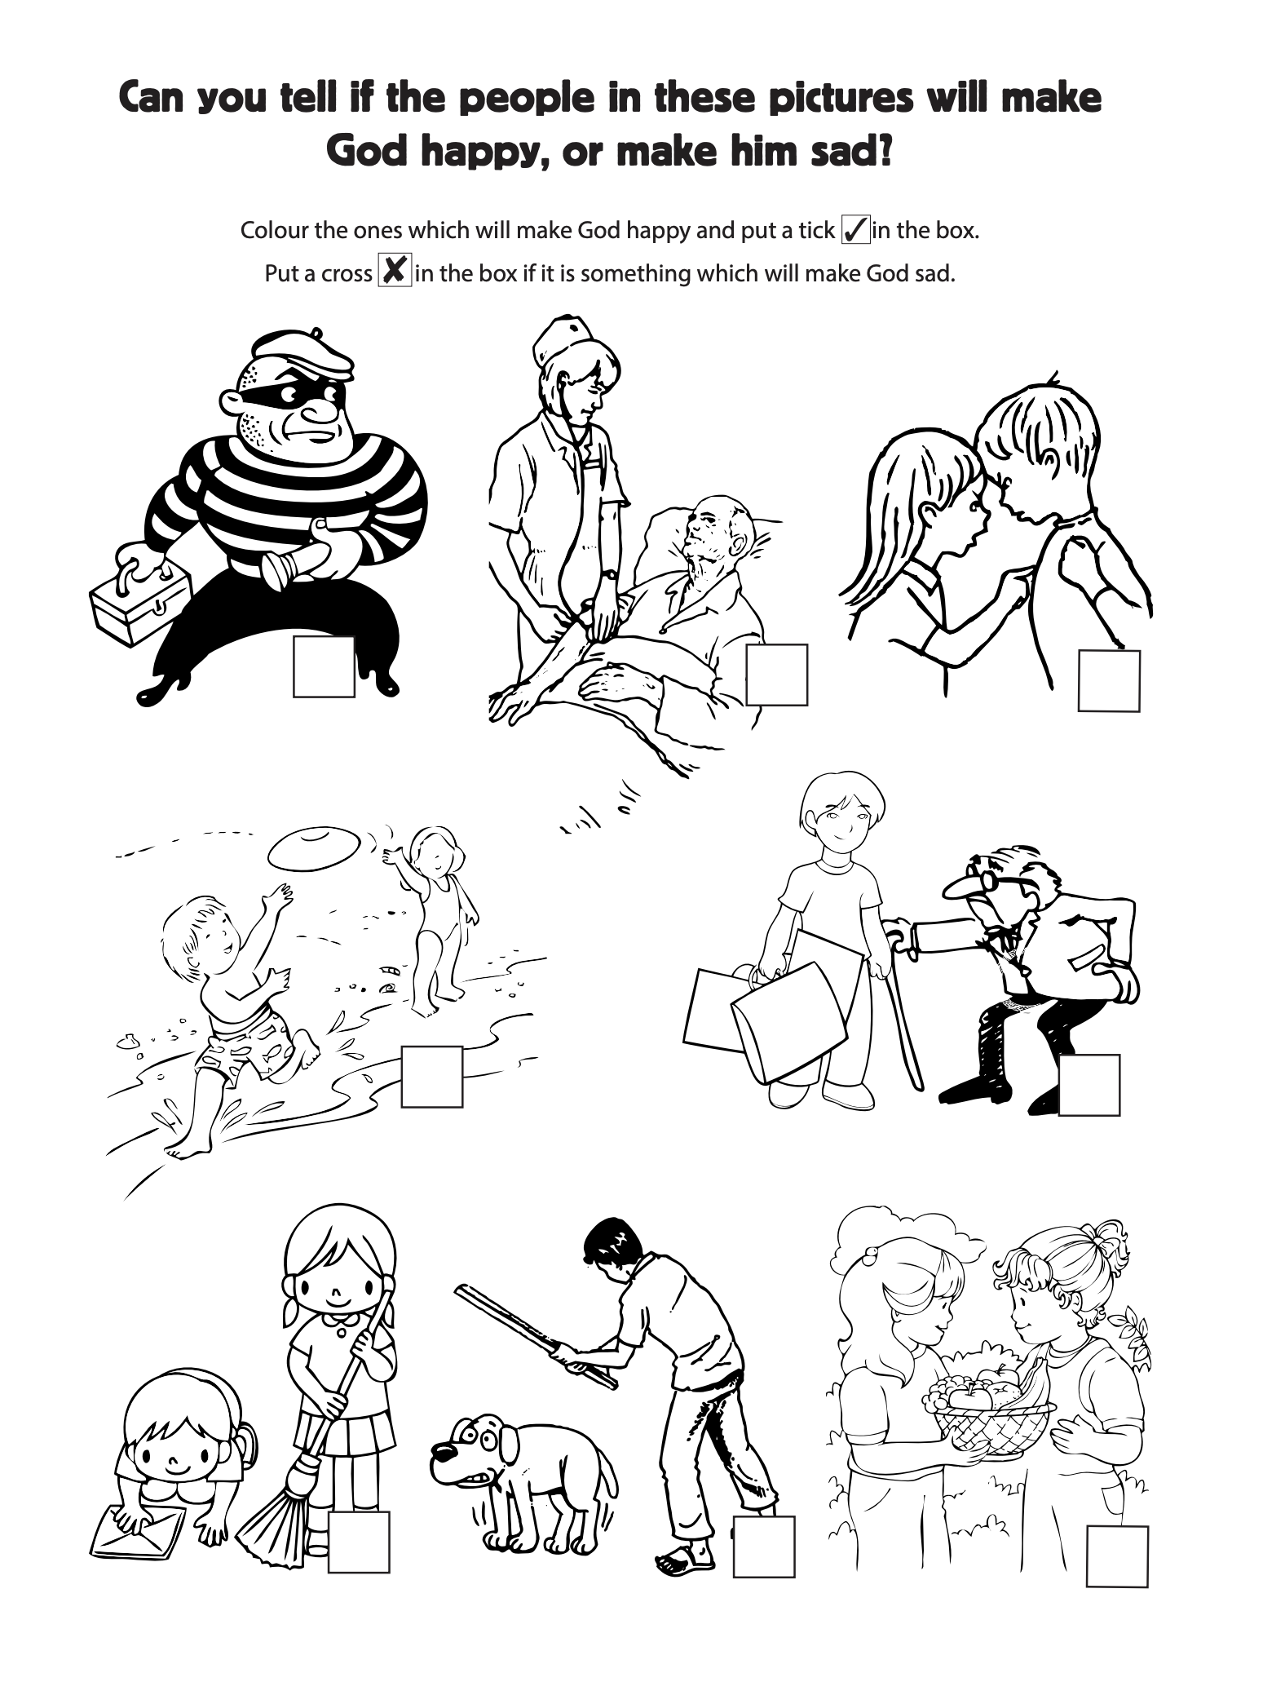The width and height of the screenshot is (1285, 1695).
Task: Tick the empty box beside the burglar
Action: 324,666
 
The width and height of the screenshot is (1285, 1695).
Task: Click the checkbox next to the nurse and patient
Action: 776,675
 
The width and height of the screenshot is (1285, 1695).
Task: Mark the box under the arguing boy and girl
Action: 1109,680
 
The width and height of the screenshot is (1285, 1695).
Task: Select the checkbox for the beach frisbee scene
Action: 432,1077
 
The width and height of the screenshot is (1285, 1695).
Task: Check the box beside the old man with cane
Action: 1088,1085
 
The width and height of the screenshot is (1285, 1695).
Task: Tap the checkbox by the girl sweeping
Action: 359,1542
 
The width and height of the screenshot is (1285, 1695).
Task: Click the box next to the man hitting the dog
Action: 764,1547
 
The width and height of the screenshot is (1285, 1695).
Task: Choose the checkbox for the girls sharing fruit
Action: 1117,1556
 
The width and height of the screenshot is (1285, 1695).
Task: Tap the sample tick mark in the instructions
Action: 855,230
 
